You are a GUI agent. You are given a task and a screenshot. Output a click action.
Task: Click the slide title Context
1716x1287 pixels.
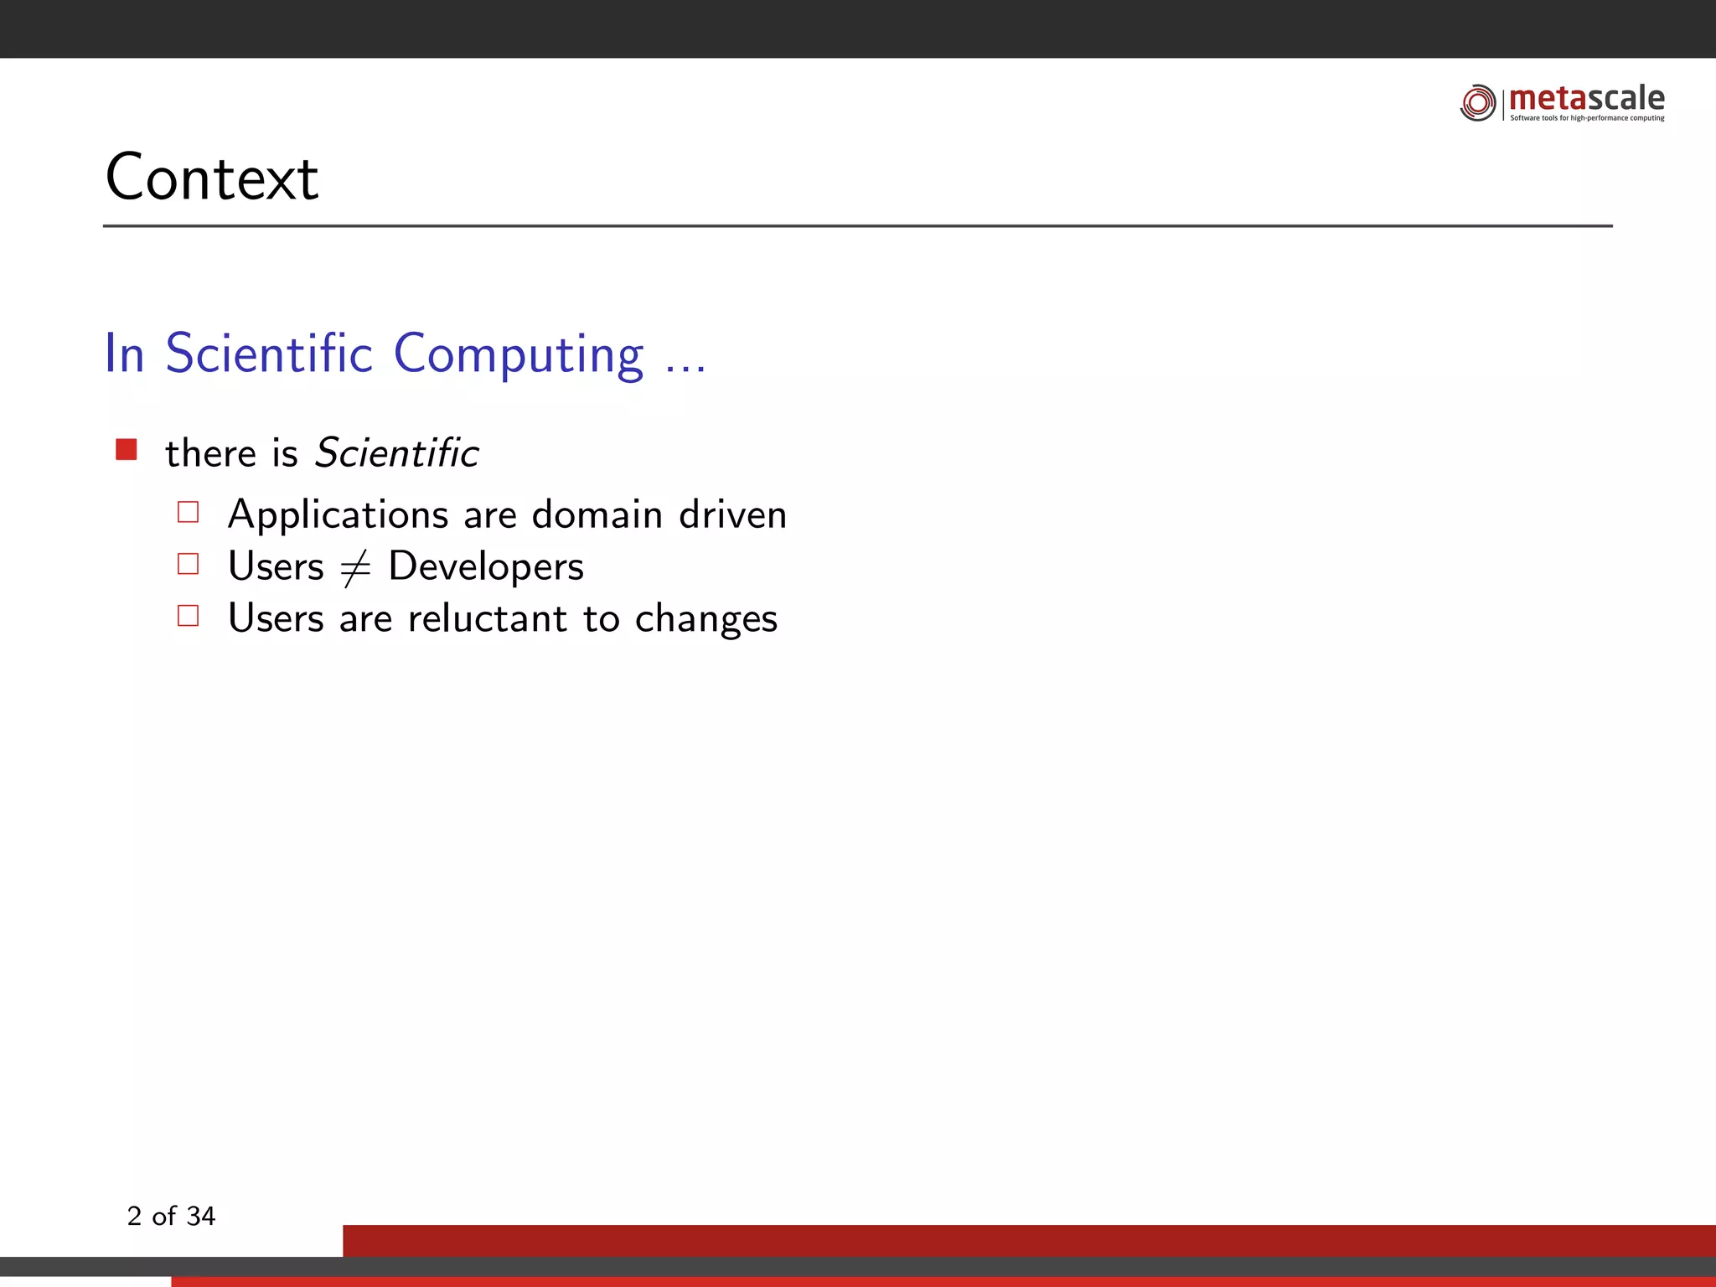click(212, 178)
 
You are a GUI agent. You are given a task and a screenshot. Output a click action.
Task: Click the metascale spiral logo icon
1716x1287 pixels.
click(1477, 103)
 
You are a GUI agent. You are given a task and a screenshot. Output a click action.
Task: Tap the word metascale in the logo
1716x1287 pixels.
click(1586, 98)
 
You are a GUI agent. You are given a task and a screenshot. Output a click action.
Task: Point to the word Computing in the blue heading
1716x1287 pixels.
click(519, 354)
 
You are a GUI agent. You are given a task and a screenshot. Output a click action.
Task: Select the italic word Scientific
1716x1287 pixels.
click(396, 453)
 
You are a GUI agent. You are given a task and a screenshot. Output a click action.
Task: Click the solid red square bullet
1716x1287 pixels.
click(127, 450)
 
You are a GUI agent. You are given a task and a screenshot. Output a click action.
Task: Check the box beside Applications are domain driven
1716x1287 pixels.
click(189, 512)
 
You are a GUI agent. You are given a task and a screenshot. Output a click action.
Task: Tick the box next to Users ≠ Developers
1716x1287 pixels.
click(189, 564)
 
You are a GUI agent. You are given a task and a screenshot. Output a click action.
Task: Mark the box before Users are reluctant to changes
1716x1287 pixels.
click(189, 616)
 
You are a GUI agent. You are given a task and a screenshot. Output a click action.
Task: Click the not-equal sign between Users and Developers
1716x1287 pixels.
click(355, 568)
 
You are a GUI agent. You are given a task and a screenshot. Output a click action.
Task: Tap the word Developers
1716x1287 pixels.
click(486, 567)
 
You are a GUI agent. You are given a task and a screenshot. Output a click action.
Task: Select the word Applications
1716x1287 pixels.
click(339, 515)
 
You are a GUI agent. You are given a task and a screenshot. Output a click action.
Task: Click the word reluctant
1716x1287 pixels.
click(488, 619)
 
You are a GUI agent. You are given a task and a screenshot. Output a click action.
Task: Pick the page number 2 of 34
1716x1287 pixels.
click(171, 1216)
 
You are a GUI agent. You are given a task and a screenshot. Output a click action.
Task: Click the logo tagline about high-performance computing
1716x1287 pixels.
click(1587, 118)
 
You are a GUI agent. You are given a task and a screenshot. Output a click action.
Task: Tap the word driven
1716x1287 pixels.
click(732, 514)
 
